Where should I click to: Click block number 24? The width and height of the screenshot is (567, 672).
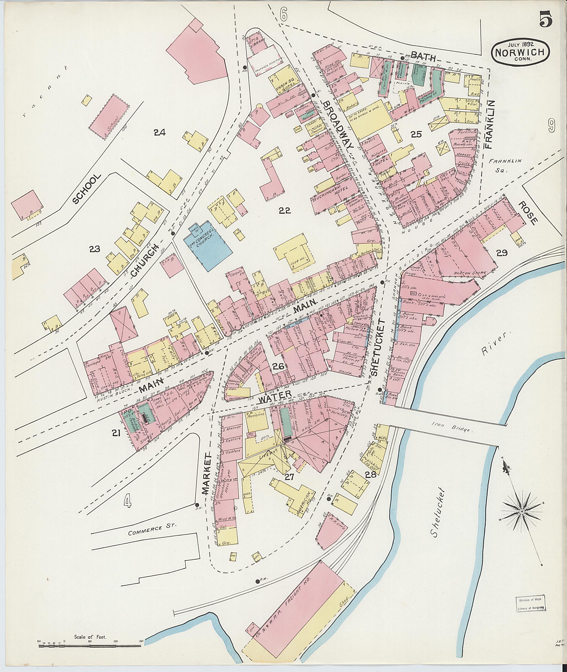(159, 132)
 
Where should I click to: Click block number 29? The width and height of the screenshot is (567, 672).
(502, 253)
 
